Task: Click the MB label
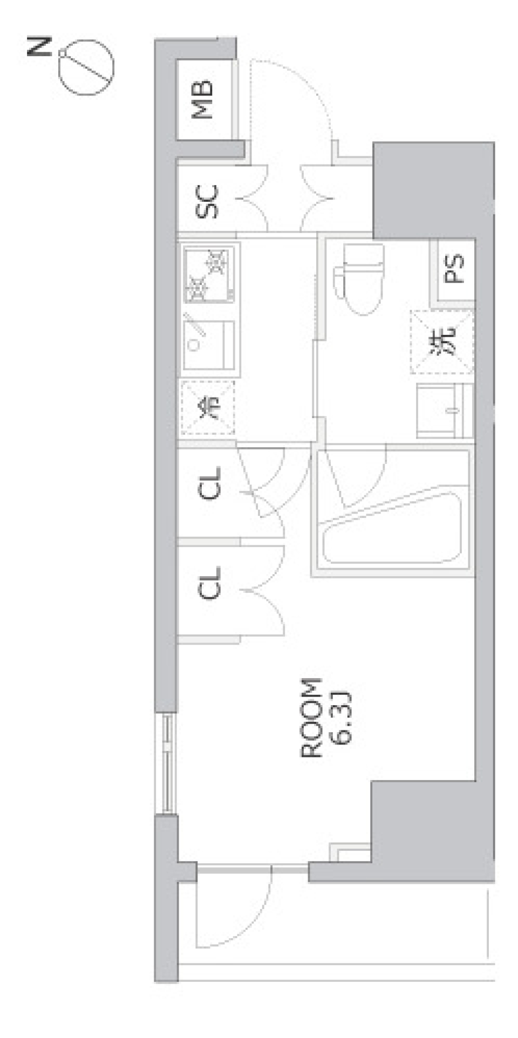click(x=205, y=100)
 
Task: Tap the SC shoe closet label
click(x=207, y=201)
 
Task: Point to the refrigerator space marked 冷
click(x=208, y=407)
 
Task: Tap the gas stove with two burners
click(x=209, y=273)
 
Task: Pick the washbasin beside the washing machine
click(x=444, y=411)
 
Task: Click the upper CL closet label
click(x=210, y=483)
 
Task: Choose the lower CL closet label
click(x=210, y=583)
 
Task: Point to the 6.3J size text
click(x=341, y=718)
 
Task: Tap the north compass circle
click(x=86, y=69)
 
